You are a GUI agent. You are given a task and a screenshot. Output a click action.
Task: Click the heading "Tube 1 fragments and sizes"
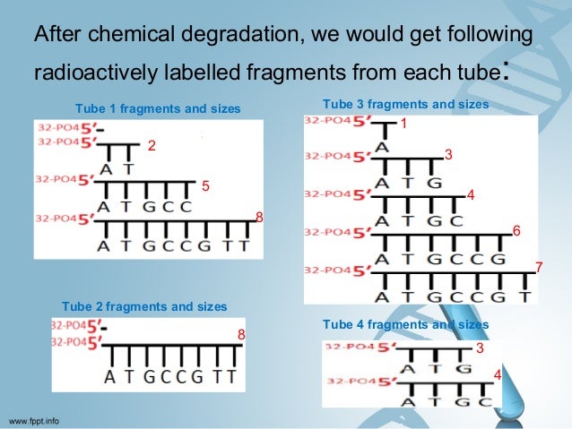click(x=158, y=108)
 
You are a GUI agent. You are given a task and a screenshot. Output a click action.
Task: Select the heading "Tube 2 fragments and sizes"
click(x=144, y=306)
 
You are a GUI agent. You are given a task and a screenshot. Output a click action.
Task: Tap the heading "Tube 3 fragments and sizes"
click(x=405, y=104)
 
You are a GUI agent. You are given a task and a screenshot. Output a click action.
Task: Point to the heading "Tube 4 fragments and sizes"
click(x=405, y=324)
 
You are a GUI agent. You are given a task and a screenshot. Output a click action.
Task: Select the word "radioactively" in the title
click(x=96, y=72)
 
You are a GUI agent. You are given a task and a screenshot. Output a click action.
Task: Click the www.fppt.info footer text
click(x=33, y=421)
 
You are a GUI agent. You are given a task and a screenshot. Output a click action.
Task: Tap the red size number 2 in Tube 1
click(x=152, y=146)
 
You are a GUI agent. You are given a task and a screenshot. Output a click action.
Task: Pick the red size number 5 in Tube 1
click(x=205, y=186)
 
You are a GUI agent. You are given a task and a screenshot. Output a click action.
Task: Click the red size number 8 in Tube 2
click(x=241, y=335)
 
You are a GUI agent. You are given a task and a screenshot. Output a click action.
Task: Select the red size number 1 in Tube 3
click(x=403, y=124)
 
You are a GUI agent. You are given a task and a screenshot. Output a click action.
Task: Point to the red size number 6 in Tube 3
click(x=516, y=231)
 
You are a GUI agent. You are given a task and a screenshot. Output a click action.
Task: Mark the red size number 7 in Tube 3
click(x=539, y=267)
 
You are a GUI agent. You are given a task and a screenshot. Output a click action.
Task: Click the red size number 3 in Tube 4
click(x=480, y=347)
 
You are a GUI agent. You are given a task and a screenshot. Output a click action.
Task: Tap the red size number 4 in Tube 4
click(x=498, y=374)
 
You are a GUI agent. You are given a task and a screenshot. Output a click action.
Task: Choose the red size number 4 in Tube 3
click(x=471, y=195)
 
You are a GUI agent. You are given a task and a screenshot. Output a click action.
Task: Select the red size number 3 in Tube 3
click(x=448, y=155)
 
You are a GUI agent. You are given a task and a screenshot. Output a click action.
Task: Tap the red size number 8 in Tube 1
click(x=259, y=218)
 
